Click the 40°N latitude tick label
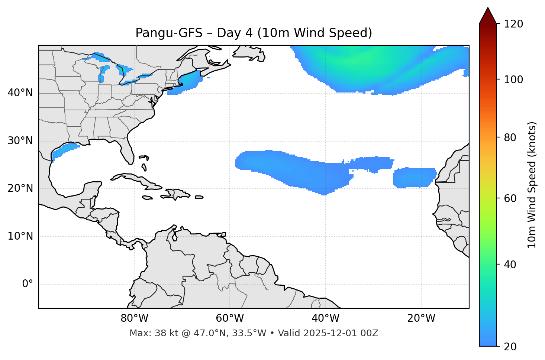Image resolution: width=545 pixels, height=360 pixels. (20, 93)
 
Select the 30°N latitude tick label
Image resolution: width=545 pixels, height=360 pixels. (20, 141)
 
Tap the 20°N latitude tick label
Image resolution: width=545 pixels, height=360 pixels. (20, 188)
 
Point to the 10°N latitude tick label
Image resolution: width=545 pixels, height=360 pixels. (20, 236)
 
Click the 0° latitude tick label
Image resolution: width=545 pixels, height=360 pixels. (28, 284)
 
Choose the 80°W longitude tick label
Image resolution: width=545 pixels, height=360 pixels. (134, 318)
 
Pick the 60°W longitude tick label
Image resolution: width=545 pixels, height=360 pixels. (230, 318)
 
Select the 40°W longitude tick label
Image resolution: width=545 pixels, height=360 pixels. (325, 318)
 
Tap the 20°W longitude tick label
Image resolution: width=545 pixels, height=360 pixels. (421, 318)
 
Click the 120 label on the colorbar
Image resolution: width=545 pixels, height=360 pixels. (513, 24)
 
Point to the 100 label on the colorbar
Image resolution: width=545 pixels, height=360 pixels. (513, 80)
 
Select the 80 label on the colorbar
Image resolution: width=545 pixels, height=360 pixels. (510, 138)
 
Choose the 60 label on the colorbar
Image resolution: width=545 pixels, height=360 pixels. (510, 198)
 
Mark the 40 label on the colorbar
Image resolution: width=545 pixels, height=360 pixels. (510, 265)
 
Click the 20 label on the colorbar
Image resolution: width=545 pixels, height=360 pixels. (510, 347)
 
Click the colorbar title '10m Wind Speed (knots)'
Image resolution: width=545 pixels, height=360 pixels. (532, 185)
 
